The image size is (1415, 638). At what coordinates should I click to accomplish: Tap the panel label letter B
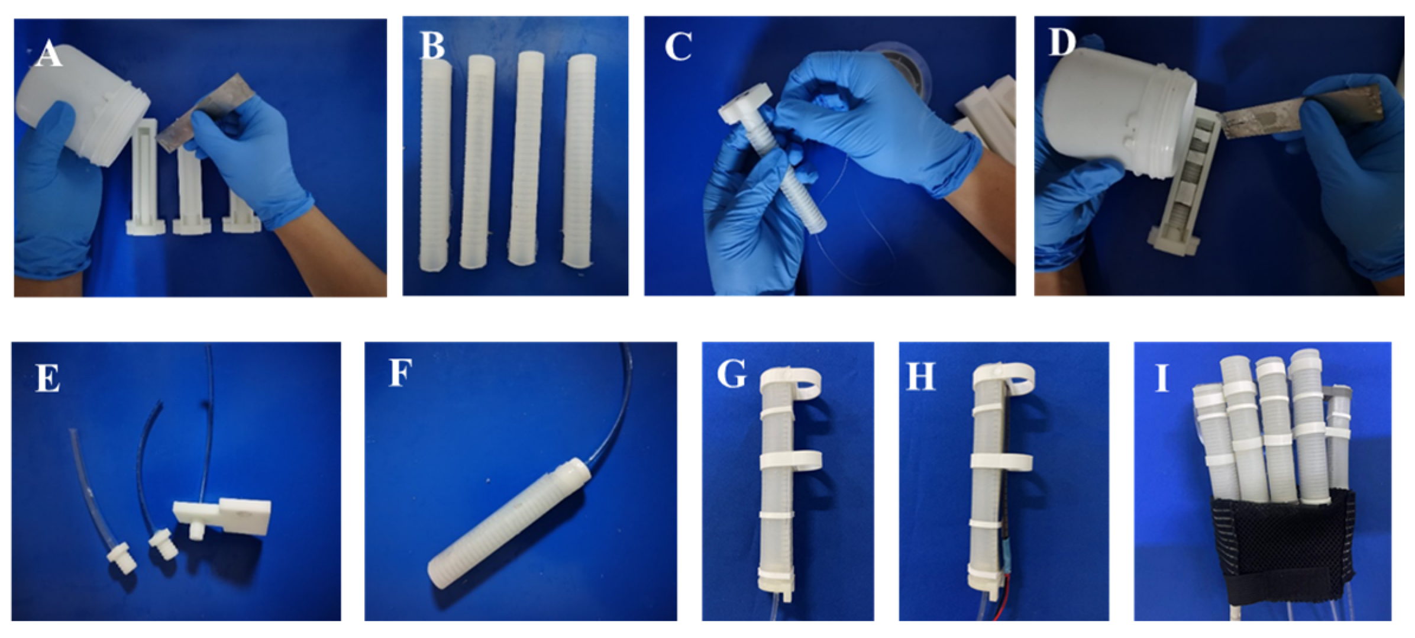[x=432, y=46]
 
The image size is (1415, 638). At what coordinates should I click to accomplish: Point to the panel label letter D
[x=1062, y=43]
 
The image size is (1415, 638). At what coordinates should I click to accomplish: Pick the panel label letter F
[x=400, y=373]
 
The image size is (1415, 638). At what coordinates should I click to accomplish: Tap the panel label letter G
[x=731, y=375]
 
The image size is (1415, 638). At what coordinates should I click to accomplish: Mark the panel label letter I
[x=1162, y=378]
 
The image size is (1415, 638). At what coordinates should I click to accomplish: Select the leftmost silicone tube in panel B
[x=435, y=163]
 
